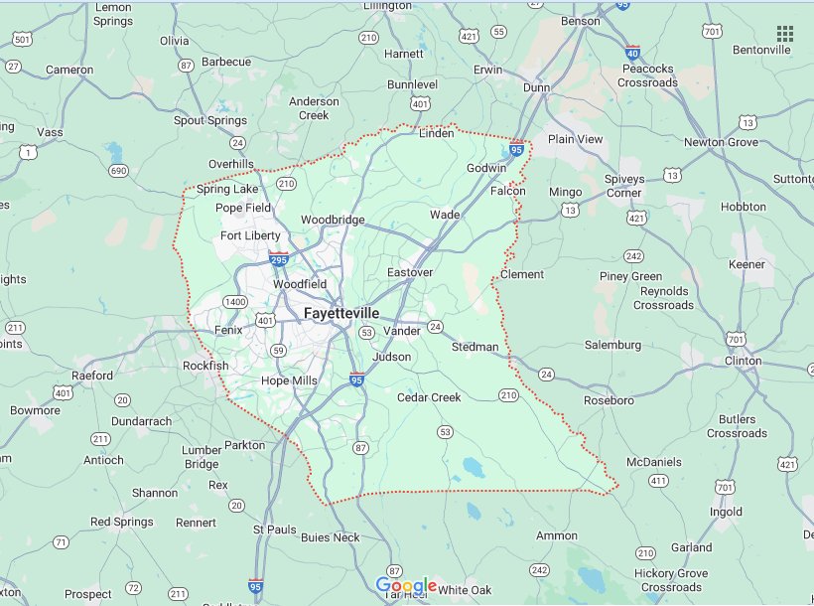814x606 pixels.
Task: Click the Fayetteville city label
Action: (341, 313)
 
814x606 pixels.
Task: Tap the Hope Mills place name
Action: (289, 380)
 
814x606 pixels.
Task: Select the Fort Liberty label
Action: (250, 235)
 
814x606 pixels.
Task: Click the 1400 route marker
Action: (235, 301)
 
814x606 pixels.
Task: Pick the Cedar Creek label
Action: (429, 397)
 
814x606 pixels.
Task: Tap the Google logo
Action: (407, 586)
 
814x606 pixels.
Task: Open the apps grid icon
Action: (785, 34)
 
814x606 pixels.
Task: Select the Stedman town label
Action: (475, 347)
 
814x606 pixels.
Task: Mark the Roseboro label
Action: (608, 400)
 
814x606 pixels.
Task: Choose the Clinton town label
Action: (743, 361)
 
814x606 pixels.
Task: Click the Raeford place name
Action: (91, 376)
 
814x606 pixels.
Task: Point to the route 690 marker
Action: (119, 171)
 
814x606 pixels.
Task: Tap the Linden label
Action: (437, 133)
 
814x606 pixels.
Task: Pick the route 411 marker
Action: (657, 481)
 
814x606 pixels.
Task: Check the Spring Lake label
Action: (227, 189)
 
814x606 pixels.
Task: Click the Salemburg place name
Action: (612, 345)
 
